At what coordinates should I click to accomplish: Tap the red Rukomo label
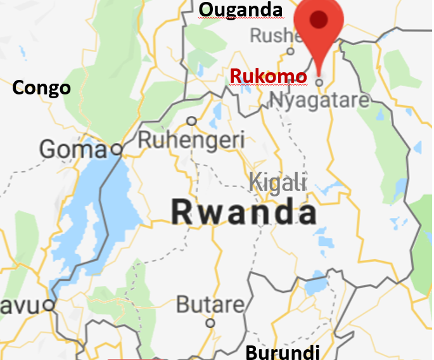(268, 77)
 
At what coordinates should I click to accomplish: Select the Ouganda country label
(240, 10)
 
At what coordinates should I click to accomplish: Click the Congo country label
(41, 87)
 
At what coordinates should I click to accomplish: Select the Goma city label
(72, 150)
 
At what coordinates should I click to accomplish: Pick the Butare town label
(210, 305)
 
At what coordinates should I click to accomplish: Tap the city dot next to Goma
(116, 150)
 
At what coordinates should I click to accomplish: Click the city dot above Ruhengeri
(191, 120)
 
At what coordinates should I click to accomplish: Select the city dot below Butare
(210, 323)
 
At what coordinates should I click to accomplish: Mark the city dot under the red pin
(320, 82)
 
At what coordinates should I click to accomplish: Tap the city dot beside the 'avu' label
(49, 305)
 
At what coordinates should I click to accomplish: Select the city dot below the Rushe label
(291, 51)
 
